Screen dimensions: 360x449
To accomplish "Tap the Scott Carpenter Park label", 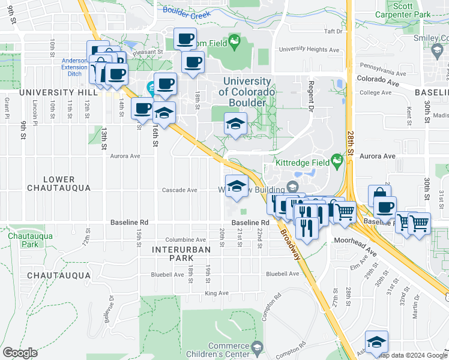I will (x=411, y=10).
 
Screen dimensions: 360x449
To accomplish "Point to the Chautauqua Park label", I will (x=22, y=240).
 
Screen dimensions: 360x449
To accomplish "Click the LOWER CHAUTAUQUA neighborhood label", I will (x=59, y=184).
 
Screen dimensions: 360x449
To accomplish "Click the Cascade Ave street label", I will (x=179, y=190).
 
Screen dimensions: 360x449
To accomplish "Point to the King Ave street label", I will (x=217, y=293).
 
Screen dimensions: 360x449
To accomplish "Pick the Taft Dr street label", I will (x=333, y=31).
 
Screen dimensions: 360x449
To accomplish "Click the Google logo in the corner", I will (x=20, y=353).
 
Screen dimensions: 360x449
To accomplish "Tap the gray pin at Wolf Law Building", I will (x=292, y=188).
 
